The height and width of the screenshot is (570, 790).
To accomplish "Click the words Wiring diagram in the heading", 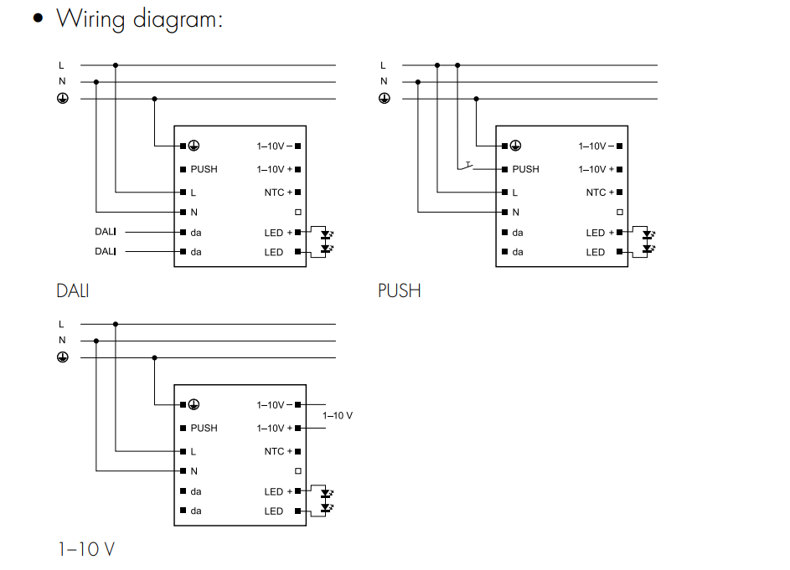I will (x=139, y=18).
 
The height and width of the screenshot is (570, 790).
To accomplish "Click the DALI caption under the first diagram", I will (x=73, y=291).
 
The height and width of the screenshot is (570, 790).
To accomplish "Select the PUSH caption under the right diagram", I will (x=399, y=291).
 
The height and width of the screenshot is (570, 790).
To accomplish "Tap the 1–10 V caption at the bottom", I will (x=86, y=549).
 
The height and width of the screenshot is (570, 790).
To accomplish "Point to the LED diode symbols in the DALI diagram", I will (x=326, y=242).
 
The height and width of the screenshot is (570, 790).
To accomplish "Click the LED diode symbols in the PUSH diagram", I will (x=648, y=242).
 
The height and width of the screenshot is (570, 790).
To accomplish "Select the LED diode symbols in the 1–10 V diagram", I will (x=326, y=501).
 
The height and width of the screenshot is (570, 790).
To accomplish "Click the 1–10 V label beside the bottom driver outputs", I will (x=338, y=416).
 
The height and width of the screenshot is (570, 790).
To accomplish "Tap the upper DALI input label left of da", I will (x=105, y=232).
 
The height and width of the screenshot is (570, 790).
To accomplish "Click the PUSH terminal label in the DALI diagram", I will (x=204, y=169).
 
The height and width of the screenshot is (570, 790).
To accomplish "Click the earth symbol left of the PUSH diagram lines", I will (x=385, y=99).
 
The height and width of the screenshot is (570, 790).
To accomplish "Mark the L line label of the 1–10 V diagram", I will (x=61, y=324).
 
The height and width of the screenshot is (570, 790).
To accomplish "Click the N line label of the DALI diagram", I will (x=62, y=82).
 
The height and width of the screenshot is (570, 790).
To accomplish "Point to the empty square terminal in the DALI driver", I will (x=297, y=213).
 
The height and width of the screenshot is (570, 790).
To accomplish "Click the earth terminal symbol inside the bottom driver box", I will (x=194, y=404).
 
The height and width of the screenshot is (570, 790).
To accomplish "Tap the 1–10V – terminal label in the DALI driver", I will (x=274, y=146).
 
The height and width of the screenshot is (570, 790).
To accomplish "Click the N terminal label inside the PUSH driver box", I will (x=516, y=213).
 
